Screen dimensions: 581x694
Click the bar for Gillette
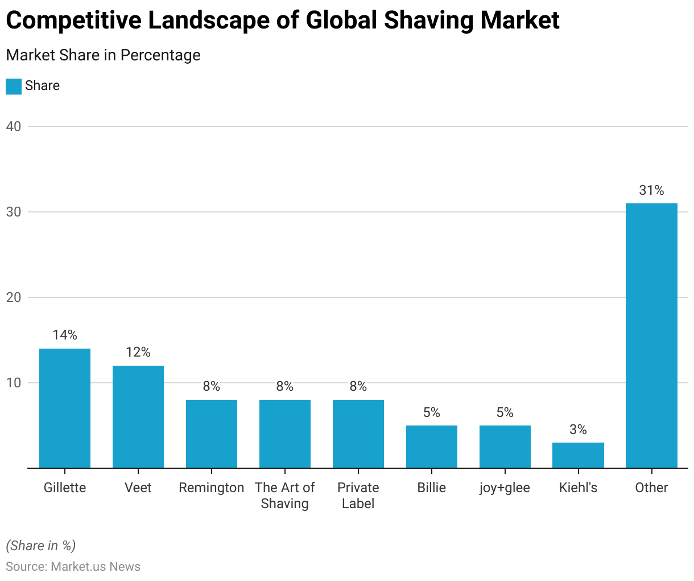point(65,408)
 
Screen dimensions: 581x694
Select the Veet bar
point(138,416)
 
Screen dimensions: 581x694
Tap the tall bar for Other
point(651,335)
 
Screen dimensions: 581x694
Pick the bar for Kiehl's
point(578,455)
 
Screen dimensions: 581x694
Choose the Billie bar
point(431,447)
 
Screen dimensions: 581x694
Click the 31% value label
point(651,190)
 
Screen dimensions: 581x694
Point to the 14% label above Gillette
point(65,335)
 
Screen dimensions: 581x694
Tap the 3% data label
point(578,429)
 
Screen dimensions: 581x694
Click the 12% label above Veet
point(138,352)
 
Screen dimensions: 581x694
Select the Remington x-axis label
point(211,488)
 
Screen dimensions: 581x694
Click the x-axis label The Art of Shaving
point(284,496)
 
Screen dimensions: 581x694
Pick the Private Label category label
point(358,496)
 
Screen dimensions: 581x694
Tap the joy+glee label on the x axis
point(505,488)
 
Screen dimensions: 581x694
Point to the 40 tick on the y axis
point(14,126)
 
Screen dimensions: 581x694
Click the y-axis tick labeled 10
point(14,383)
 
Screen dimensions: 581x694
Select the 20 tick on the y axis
point(14,297)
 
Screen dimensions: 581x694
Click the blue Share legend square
point(14,86)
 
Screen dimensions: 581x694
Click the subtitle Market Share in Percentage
point(103,55)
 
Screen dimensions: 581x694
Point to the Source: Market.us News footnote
point(73,566)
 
